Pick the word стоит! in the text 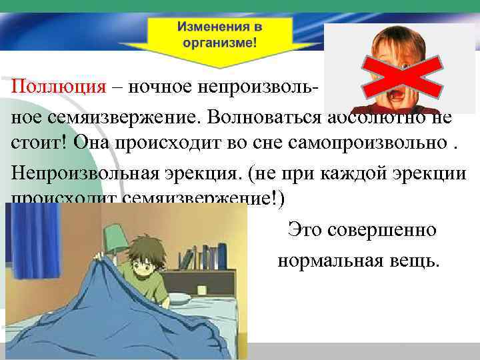coord(39,143)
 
